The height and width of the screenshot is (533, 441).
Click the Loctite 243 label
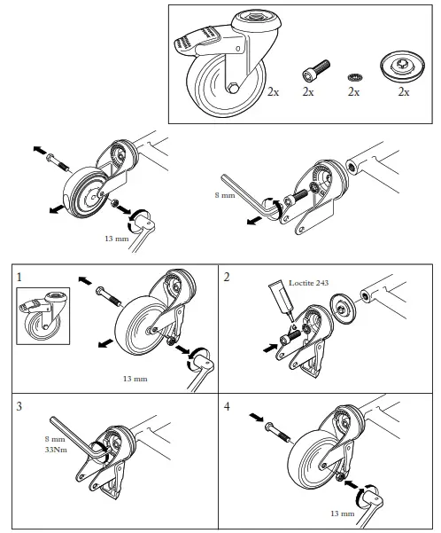coord(308,283)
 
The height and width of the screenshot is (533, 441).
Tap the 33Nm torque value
coord(56,450)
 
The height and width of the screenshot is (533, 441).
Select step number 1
coord(19,278)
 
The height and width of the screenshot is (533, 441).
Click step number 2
coord(227,278)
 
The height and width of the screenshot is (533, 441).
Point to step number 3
coord(19,406)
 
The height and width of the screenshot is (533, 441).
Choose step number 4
coord(227,406)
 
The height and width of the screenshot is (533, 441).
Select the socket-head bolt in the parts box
coord(316,70)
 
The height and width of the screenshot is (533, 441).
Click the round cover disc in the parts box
coord(403,65)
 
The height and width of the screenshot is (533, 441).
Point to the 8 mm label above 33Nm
coord(55,439)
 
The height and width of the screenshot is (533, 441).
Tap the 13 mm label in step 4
coord(342,513)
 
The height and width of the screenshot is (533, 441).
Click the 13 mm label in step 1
coord(135,379)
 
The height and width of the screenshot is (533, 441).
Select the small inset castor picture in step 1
coord(43,316)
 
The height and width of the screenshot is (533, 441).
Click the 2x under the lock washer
coord(353,91)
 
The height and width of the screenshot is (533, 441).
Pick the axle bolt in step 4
coord(276,432)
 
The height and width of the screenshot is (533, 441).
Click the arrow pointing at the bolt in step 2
coord(271,348)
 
